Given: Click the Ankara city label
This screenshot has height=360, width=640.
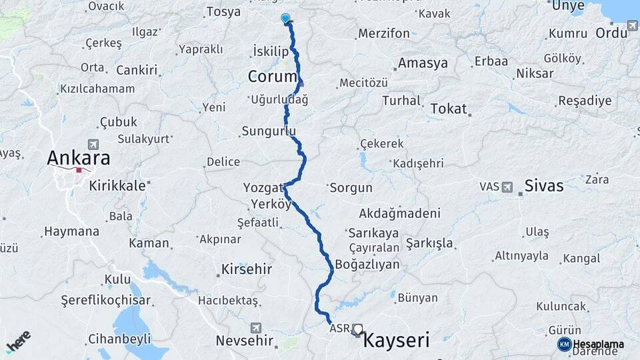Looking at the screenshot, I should (78, 158).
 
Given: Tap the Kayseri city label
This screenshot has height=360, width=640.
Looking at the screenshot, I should (395, 341).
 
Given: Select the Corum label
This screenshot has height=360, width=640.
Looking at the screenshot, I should (271, 76).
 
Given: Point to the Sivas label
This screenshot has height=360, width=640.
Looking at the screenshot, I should (544, 185).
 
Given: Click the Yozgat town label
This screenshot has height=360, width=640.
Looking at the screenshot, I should (265, 189).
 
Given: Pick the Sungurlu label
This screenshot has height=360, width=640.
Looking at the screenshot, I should (268, 131).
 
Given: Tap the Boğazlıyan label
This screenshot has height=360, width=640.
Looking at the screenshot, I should (367, 265).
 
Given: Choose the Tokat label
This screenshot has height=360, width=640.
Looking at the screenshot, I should (449, 108).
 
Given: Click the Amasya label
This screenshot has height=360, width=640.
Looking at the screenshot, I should (423, 63).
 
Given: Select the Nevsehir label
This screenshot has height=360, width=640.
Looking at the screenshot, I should (245, 341).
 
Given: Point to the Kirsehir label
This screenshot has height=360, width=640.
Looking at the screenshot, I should (245, 270).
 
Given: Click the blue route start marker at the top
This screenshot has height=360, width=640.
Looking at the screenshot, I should (286, 19).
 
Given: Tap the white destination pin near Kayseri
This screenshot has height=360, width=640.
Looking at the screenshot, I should (359, 329).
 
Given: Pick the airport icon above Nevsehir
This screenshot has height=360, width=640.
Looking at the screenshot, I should (256, 327).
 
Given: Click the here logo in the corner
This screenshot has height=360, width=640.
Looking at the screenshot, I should (18, 340).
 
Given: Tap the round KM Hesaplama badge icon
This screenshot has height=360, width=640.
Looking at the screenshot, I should (564, 344).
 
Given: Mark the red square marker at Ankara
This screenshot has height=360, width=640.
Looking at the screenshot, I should (79, 170).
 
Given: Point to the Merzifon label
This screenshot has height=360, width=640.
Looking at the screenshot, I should (383, 33).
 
